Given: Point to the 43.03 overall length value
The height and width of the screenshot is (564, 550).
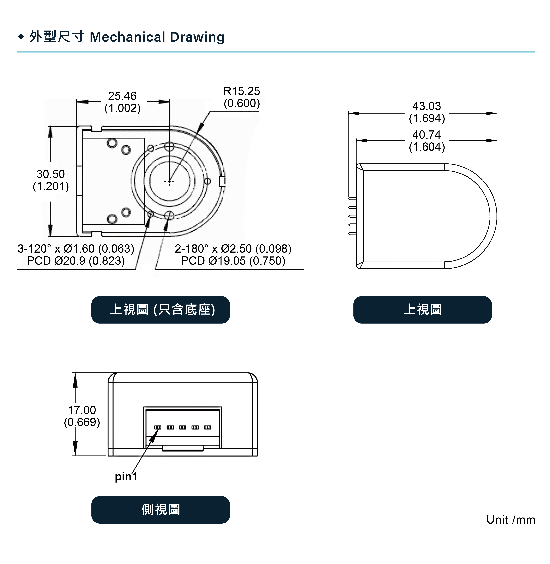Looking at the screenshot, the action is click(427, 106).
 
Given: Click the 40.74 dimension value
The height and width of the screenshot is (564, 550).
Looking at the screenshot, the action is click(427, 135).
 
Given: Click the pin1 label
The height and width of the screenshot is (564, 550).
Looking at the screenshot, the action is click(126, 476).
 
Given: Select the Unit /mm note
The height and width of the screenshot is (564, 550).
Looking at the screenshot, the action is click(511, 520).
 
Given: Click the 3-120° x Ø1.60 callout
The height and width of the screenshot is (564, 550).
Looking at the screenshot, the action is click(76, 248).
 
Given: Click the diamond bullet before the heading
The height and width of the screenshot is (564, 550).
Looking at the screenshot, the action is click(21, 37).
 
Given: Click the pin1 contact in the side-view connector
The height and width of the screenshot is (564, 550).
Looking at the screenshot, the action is click(158, 427).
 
